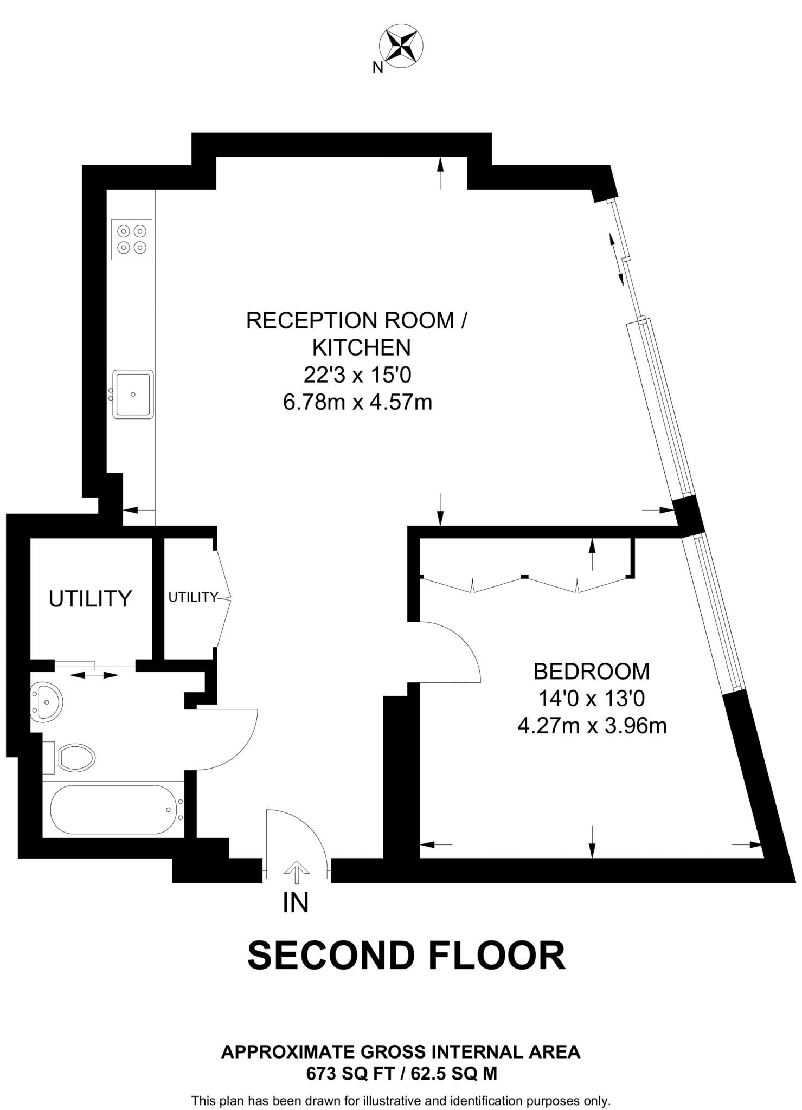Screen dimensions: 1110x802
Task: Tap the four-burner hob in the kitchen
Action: (x=132, y=239)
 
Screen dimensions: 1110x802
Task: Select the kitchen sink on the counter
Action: (x=133, y=394)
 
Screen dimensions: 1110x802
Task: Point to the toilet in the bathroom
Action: (x=73, y=757)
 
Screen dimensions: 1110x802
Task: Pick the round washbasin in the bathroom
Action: (x=47, y=702)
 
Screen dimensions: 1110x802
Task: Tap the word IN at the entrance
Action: (x=296, y=902)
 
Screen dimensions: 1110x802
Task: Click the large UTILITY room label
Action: (x=91, y=599)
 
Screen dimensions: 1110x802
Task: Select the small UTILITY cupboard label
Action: (x=193, y=597)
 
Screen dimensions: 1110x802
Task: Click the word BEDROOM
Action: (x=592, y=672)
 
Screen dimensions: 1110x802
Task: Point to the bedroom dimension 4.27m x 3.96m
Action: (x=592, y=726)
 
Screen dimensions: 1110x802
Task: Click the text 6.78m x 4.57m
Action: (x=357, y=402)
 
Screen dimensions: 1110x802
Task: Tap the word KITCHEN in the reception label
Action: (x=362, y=347)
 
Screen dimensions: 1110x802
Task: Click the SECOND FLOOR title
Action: (x=406, y=956)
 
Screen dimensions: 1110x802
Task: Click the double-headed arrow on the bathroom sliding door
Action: (x=95, y=675)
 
